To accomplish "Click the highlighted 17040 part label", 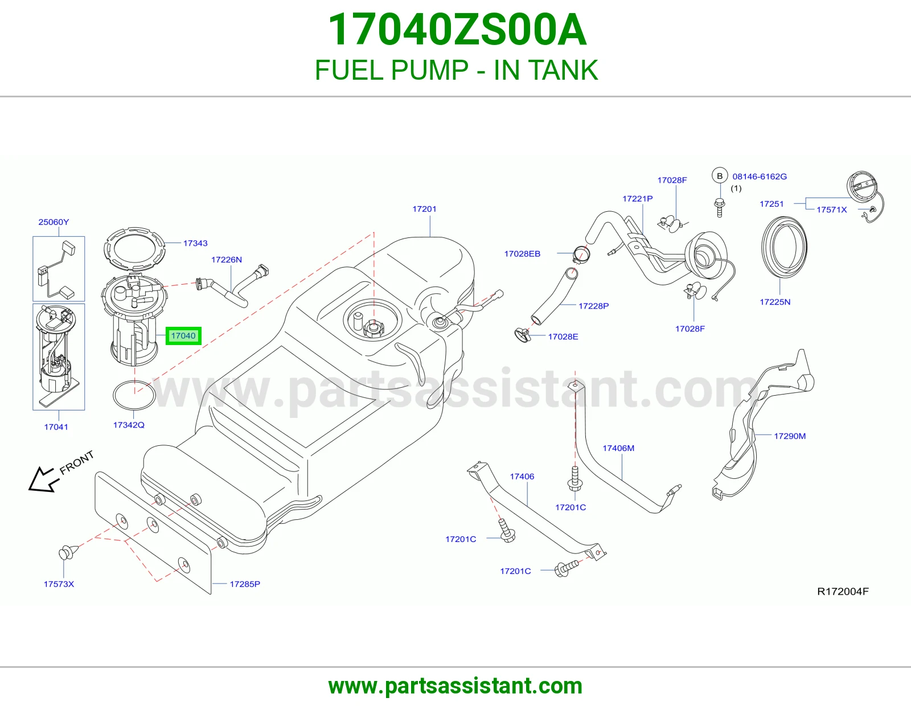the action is (183, 336).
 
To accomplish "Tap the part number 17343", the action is (195, 243).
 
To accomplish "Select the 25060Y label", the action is (54, 222).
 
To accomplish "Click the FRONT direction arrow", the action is (42, 479).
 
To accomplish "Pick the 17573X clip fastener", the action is (68, 552).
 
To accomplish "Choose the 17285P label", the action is (245, 584).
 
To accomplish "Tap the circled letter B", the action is (720, 176).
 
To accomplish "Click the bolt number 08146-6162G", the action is (760, 176).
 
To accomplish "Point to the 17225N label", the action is (775, 302).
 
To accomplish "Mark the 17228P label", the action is (594, 306).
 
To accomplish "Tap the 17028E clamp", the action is (523, 335).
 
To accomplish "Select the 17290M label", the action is (790, 436).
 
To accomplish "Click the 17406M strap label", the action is (618, 448).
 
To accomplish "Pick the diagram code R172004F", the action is (843, 592).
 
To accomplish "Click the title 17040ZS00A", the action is (457, 30).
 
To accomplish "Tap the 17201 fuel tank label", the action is (424, 209).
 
